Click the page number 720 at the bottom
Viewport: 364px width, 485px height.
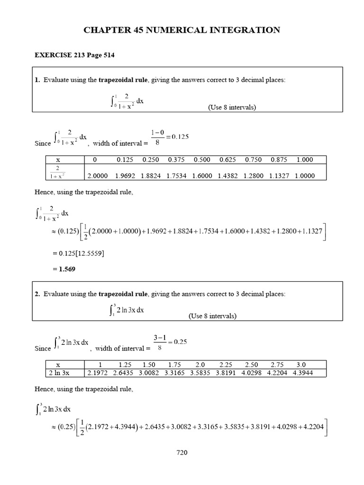click(182, 453)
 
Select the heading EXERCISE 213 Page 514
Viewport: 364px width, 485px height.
click(74, 55)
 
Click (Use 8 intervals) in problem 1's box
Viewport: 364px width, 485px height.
click(232, 108)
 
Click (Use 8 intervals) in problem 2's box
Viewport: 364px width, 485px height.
click(212, 316)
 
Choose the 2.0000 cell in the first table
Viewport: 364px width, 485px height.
click(98, 176)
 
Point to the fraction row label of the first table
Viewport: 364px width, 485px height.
click(58, 172)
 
